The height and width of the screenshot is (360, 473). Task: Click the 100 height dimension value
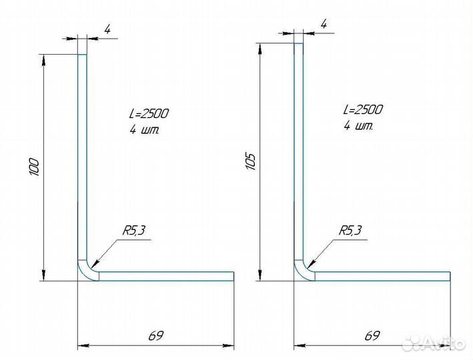34,167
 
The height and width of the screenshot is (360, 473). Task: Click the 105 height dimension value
251,161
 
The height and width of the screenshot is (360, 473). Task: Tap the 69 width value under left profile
156,335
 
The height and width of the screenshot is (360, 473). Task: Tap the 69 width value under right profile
372,335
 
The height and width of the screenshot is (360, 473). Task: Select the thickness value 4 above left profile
107,29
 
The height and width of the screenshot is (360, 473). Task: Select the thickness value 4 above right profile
324,24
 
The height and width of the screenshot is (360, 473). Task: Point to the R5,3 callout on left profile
133,231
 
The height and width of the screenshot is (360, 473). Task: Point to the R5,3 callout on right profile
350,231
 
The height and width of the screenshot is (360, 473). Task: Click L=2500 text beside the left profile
149,113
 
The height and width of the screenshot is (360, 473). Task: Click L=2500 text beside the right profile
363,109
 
